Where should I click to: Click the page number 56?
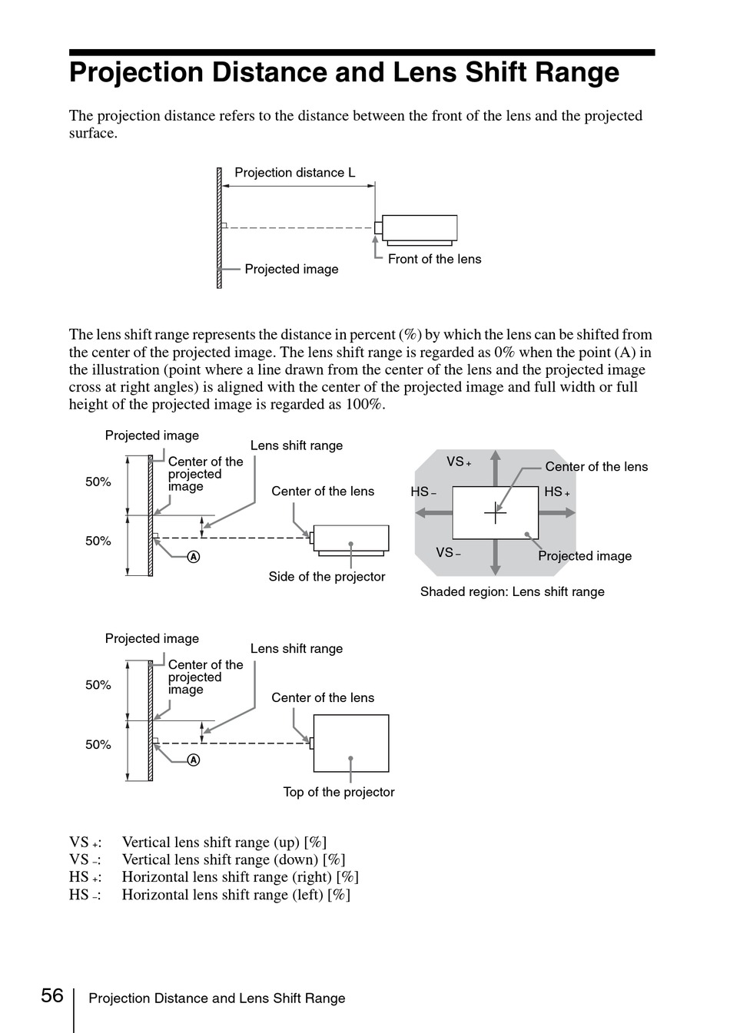[52, 995]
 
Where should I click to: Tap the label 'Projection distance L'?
[295, 173]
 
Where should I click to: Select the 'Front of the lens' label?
[434, 259]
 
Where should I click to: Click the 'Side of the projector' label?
[327, 577]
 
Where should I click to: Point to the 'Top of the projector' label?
[339, 792]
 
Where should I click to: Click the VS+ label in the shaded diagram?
[459, 462]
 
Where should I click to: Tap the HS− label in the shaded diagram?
[423, 492]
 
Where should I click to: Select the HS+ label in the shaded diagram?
[557, 492]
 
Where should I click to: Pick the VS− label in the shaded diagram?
[448, 552]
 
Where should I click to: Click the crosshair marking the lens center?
[495, 512]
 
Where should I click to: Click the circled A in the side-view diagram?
[194, 557]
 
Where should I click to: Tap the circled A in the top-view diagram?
[194, 760]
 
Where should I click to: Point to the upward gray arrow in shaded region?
[495, 468]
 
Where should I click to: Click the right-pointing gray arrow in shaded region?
[557, 512]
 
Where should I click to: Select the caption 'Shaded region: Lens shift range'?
[512, 591]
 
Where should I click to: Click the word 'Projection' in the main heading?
[136, 73]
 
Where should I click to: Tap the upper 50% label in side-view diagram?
[98, 482]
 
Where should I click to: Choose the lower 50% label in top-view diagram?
[98, 745]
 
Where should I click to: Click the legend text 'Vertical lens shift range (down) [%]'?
[234, 860]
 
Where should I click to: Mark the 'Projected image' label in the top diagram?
[291, 269]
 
